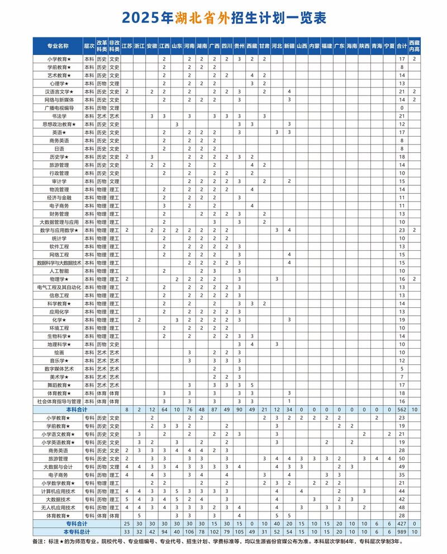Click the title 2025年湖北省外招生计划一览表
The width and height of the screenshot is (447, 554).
pyautogui.click(x=223, y=18)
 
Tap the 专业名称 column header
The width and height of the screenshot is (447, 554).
pyautogui.click(x=58, y=45)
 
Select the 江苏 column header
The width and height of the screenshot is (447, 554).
pyautogui.click(x=127, y=45)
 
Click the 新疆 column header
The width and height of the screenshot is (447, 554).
pyautogui.click(x=289, y=45)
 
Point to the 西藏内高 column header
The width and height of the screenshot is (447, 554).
pyautogui.click(x=414, y=45)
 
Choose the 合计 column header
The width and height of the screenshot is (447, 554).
pyautogui.click(x=401, y=45)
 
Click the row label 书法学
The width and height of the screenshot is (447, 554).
pyautogui.click(x=58, y=116)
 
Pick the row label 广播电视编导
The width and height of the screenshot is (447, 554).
pyautogui.click(x=58, y=107)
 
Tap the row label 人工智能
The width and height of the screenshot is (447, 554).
pyautogui.click(x=58, y=271)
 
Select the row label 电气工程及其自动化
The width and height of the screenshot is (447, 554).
pyautogui.click(x=58, y=287)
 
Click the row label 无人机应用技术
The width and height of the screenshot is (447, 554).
pyautogui.click(x=58, y=507)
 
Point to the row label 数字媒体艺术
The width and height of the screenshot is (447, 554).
pyautogui.click(x=58, y=369)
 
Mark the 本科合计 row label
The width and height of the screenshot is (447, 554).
pyautogui.click(x=58, y=410)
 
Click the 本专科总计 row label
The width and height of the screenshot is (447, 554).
pyautogui.click(x=58, y=532)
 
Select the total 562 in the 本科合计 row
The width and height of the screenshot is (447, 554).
pyautogui.click(x=401, y=410)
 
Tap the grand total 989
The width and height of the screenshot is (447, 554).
pyautogui.click(x=401, y=532)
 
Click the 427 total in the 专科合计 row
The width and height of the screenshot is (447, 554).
pyautogui.click(x=401, y=524)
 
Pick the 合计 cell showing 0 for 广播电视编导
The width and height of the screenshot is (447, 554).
pyautogui.click(x=401, y=107)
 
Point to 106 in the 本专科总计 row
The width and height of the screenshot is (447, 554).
pyautogui.click(x=189, y=532)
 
